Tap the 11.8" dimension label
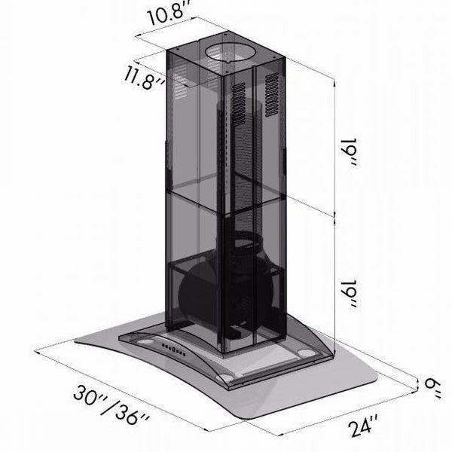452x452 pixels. coord(144,78)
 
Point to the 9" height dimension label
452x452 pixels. coord(432,388)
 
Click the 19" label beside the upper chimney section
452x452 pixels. coord(350,152)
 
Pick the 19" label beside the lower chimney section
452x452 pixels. coord(350,294)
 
